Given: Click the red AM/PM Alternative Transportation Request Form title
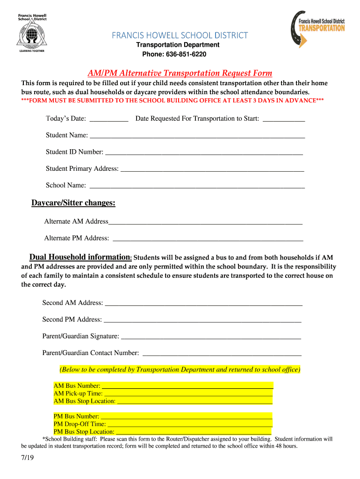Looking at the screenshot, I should click(x=180, y=73).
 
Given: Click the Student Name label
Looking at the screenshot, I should click(x=66, y=135).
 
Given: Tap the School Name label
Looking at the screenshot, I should click(x=65, y=185).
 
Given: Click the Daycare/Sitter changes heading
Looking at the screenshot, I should click(x=73, y=203).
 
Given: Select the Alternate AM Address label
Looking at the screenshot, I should click(x=76, y=221).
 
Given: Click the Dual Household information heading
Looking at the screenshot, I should click(x=80, y=257).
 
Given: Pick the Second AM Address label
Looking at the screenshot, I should click(x=72, y=303).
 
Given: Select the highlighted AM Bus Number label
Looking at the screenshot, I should click(x=77, y=386).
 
